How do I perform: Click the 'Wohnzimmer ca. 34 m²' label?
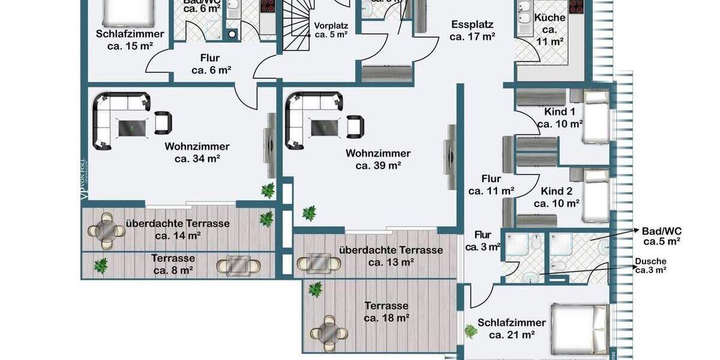click(197, 152)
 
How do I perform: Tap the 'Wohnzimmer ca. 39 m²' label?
click(378, 160)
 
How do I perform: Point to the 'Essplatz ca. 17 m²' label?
click(472, 31)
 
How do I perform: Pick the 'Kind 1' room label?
click(560, 112)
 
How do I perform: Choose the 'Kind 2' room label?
click(557, 191)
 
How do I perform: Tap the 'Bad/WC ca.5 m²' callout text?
click(661, 236)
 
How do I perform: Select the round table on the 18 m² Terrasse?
click(328, 332)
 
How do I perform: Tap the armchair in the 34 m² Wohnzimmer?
click(163, 122)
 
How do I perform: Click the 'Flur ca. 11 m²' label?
click(491, 185)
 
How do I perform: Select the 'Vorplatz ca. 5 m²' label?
click(331, 30)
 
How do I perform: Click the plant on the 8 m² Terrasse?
click(101, 264)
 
